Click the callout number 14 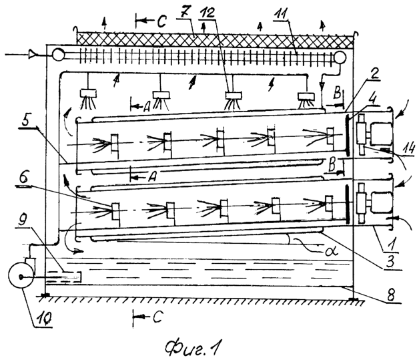(x=408, y=149)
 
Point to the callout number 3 (x=390, y=261)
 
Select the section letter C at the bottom (x=157, y=317)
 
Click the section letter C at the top (x=161, y=21)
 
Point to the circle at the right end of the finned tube (x=340, y=57)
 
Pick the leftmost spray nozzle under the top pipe (x=88, y=94)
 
